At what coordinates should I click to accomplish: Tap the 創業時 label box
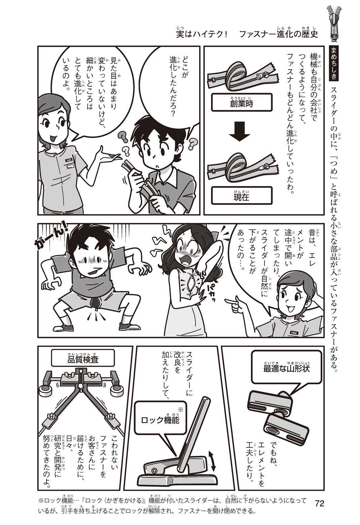[x=242, y=102]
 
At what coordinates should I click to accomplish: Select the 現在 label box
[x=242, y=195]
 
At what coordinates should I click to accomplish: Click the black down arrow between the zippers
[x=239, y=131]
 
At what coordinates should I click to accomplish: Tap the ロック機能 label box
[x=160, y=420]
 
